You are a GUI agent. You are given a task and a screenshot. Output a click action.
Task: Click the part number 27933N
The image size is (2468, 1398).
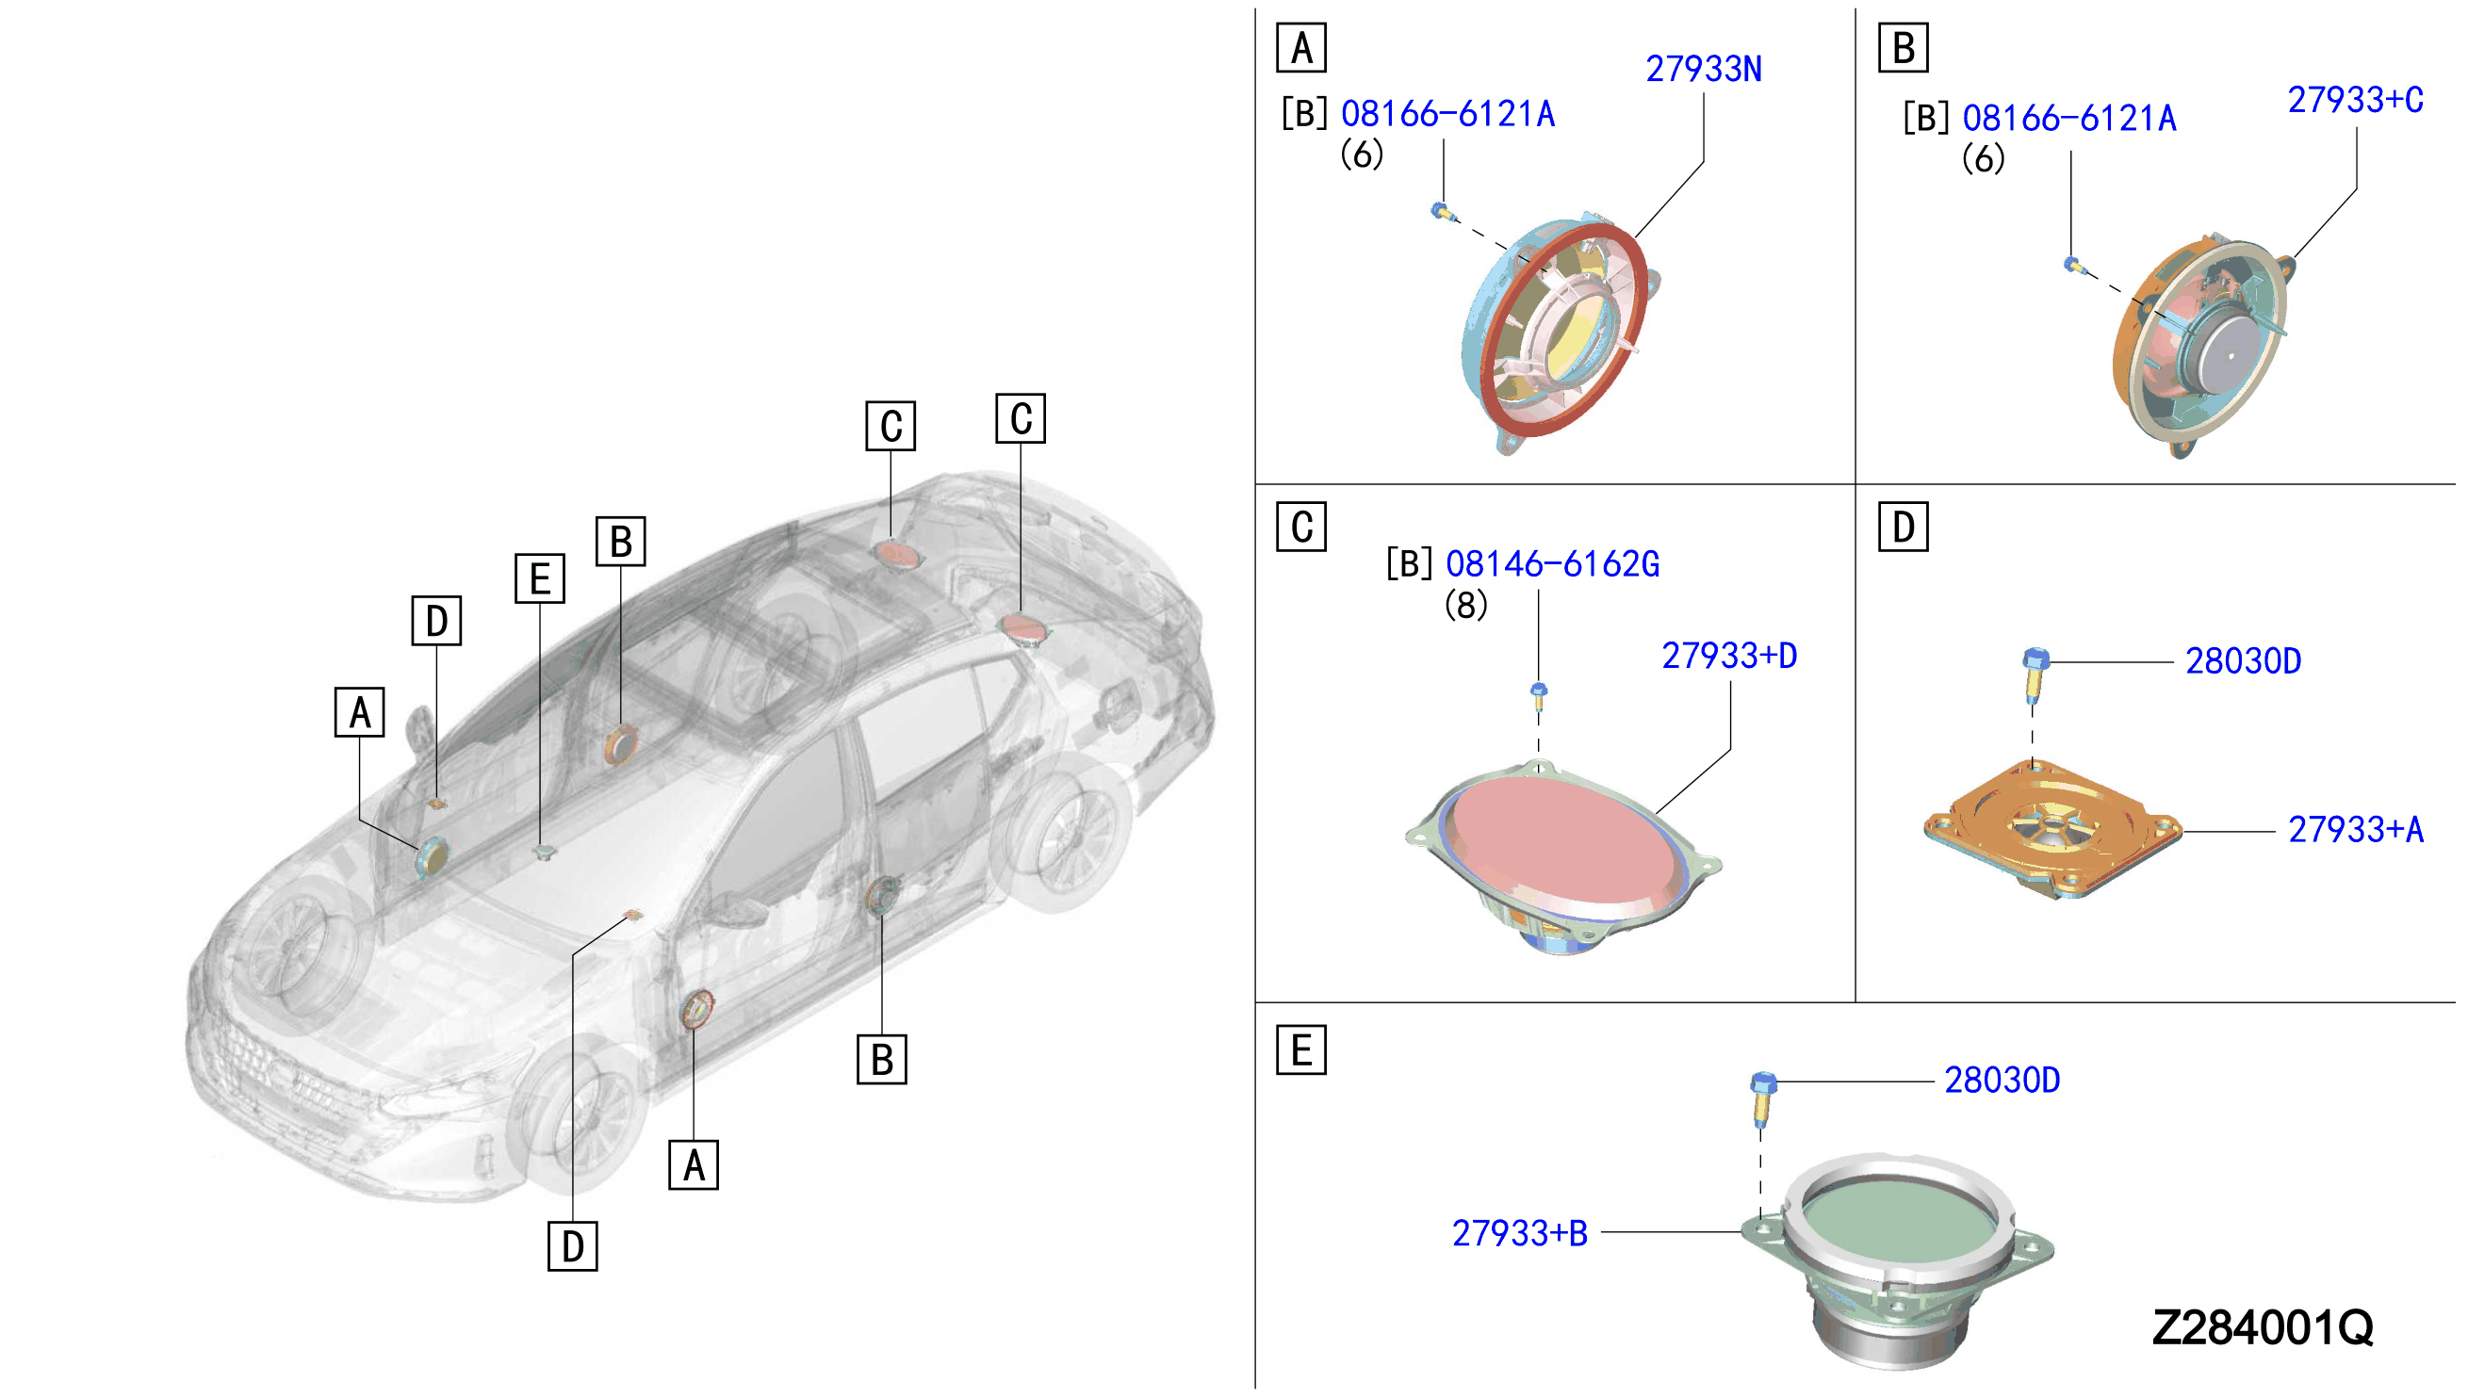coord(1704,69)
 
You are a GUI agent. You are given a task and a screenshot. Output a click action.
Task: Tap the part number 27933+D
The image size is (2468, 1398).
coord(1729,656)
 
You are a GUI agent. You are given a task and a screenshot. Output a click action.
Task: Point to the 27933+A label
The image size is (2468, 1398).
coord(2356,830)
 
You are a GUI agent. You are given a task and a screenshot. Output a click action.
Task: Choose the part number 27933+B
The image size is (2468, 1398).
coord(1519,1234)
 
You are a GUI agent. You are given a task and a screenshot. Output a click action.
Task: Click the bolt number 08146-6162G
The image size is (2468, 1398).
coord(1553,564)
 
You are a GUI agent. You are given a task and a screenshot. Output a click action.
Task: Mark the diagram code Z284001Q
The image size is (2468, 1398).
coord(2263,1328)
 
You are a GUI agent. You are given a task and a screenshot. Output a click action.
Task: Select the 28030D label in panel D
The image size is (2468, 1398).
coord(2244,661)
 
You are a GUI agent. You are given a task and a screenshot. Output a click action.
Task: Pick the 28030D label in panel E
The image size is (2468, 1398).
coord(2002,1081)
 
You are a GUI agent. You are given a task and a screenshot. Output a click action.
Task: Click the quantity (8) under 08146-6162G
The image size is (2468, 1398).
coord(1465,606)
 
